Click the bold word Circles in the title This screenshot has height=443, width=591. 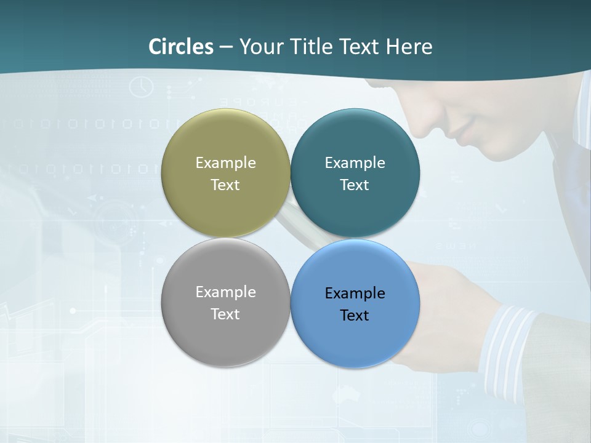pos(181,47)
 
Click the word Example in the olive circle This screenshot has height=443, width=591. pos(225,163)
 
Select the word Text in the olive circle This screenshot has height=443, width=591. pos(225,185)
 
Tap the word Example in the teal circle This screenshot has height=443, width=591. pos(355,163)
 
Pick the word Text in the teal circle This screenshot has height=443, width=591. pos(355,185)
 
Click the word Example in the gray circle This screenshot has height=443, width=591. pos(225,292)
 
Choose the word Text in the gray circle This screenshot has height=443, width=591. pos(225,314)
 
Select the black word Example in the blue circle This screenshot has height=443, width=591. pos(355,293)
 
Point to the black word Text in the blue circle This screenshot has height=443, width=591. pos(355,316)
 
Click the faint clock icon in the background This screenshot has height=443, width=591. pos(141,87)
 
